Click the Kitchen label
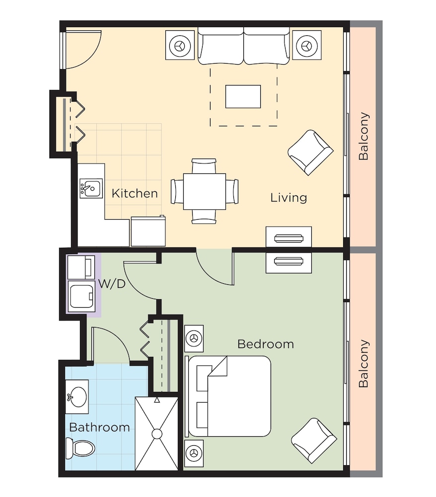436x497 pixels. click(135, 193)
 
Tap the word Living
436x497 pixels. click(289, 197)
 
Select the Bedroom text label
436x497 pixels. click(265, 343)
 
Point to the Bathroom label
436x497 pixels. click(99, 427)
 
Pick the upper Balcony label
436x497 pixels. click(364, 137)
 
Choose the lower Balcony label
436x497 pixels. click(364, 363)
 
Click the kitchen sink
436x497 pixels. click(91, 189)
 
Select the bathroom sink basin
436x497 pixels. click(77, 397)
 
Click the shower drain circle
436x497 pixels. click(157, 434)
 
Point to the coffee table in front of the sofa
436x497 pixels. click(243, 96)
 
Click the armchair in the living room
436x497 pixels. click(310, 153)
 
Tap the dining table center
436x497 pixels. click(204, 191)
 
